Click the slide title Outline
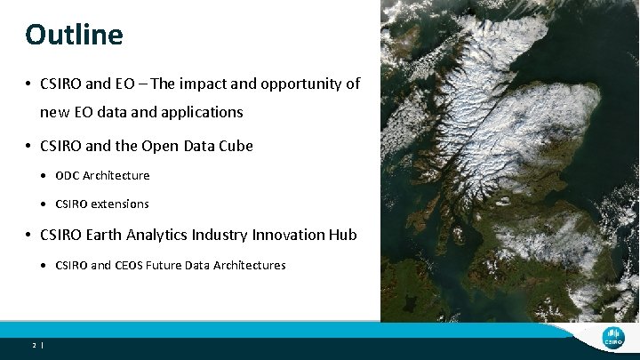coord(74,35)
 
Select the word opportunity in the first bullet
coord(293,84)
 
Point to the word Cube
coord(234,145)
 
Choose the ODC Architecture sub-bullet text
coord(102,175)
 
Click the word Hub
coord(341,235)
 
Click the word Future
coord(172,265)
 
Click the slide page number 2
coord(33,345)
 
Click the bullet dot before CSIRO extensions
coord(44,204)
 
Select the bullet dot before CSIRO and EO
coord(29,85)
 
